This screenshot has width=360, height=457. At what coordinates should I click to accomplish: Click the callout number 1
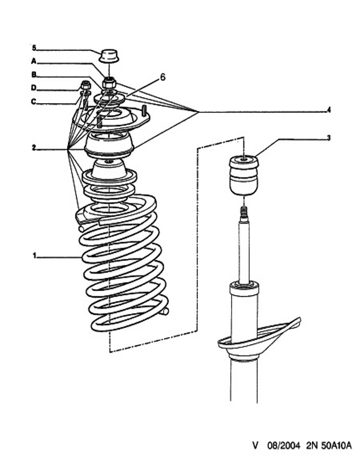click(x=35, y=256)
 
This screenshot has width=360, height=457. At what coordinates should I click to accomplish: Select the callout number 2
click(x=35, y=147)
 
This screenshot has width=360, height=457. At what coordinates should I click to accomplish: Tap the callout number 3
click(x=328, y=138)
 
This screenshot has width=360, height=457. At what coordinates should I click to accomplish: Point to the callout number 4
click(x=328, y=110)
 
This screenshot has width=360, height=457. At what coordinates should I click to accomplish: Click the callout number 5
click(x=34, y=47)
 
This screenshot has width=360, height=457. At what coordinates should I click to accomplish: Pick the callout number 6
click(x=162, y=77)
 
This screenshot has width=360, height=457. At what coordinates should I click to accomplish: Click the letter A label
click(x=34, y=61)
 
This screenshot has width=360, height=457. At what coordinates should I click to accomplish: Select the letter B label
click(x=34, y=75)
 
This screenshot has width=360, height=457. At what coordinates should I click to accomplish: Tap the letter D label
click(x=34, y=88)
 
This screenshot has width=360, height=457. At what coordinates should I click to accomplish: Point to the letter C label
click(x=34, y=101)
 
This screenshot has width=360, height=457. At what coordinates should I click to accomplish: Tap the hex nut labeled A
click(x=109, y=82)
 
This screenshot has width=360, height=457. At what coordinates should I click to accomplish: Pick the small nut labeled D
click(x=85, y=85)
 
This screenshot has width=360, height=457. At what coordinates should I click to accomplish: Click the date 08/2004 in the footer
click(x=281, y=446)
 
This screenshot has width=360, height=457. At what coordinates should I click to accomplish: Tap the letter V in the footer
click(x=255, y=446)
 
